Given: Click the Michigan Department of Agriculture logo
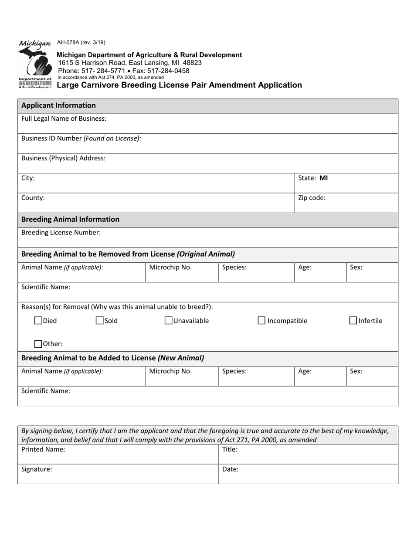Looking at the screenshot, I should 35,64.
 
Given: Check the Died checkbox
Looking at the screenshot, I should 38,321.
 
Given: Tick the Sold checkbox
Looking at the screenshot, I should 100,321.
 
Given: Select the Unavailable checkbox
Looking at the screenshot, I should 169,321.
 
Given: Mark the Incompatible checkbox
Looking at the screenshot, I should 261,321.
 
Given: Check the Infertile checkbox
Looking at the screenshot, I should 353,321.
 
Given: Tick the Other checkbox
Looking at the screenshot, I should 38,344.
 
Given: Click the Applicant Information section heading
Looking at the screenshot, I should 58,105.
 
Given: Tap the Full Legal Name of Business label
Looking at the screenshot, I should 64,119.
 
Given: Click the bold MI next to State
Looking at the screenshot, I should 324,178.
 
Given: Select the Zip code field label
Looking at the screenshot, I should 312,198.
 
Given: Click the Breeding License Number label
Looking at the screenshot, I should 61,233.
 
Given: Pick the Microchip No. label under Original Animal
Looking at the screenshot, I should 170,268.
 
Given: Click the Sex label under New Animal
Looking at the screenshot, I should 356,372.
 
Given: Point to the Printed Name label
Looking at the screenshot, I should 43,450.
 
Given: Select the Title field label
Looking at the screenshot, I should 230,450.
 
